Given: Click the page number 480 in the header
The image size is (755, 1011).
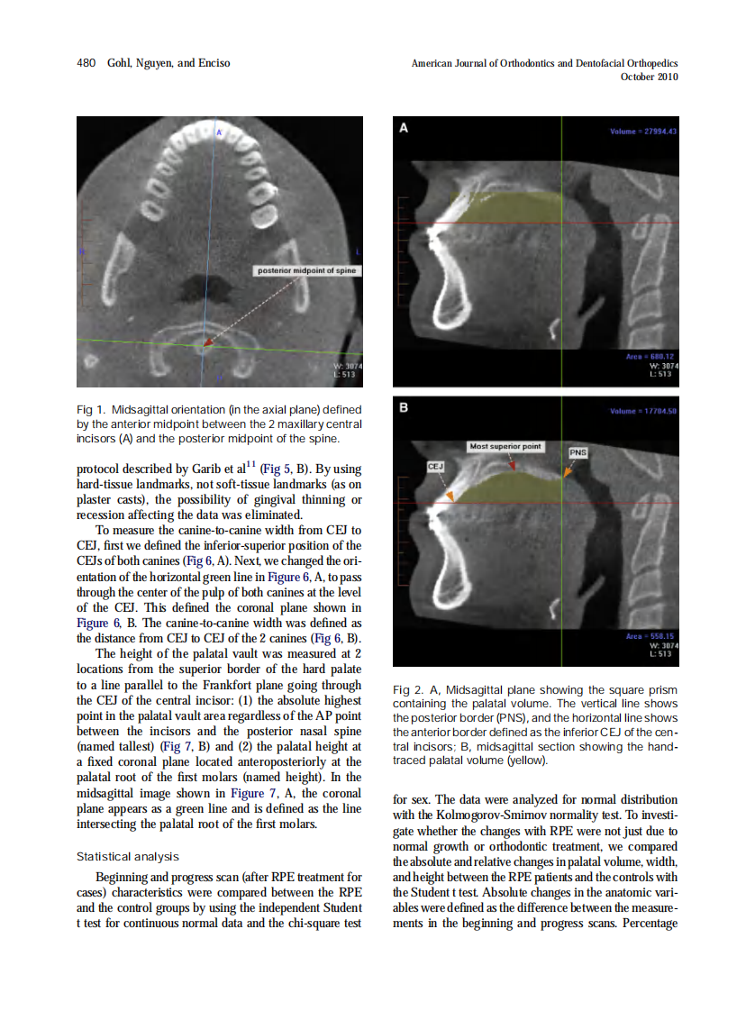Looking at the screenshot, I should tap(86, 63).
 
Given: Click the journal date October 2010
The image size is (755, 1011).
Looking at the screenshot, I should tap(650, 77).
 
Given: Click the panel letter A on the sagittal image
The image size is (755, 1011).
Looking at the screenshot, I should tap(404, 128).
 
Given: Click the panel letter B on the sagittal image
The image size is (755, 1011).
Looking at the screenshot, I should tap(404, 408).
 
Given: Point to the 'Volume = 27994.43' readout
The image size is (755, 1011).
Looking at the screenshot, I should tap(643, 132).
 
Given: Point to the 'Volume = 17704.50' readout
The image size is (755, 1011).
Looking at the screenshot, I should tap(643, 412).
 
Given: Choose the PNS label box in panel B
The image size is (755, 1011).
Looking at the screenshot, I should tap(578, 452).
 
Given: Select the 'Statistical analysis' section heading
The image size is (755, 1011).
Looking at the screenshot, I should tap(128, 857).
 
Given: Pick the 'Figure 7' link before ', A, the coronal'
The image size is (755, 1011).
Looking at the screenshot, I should tap(247, 794).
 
